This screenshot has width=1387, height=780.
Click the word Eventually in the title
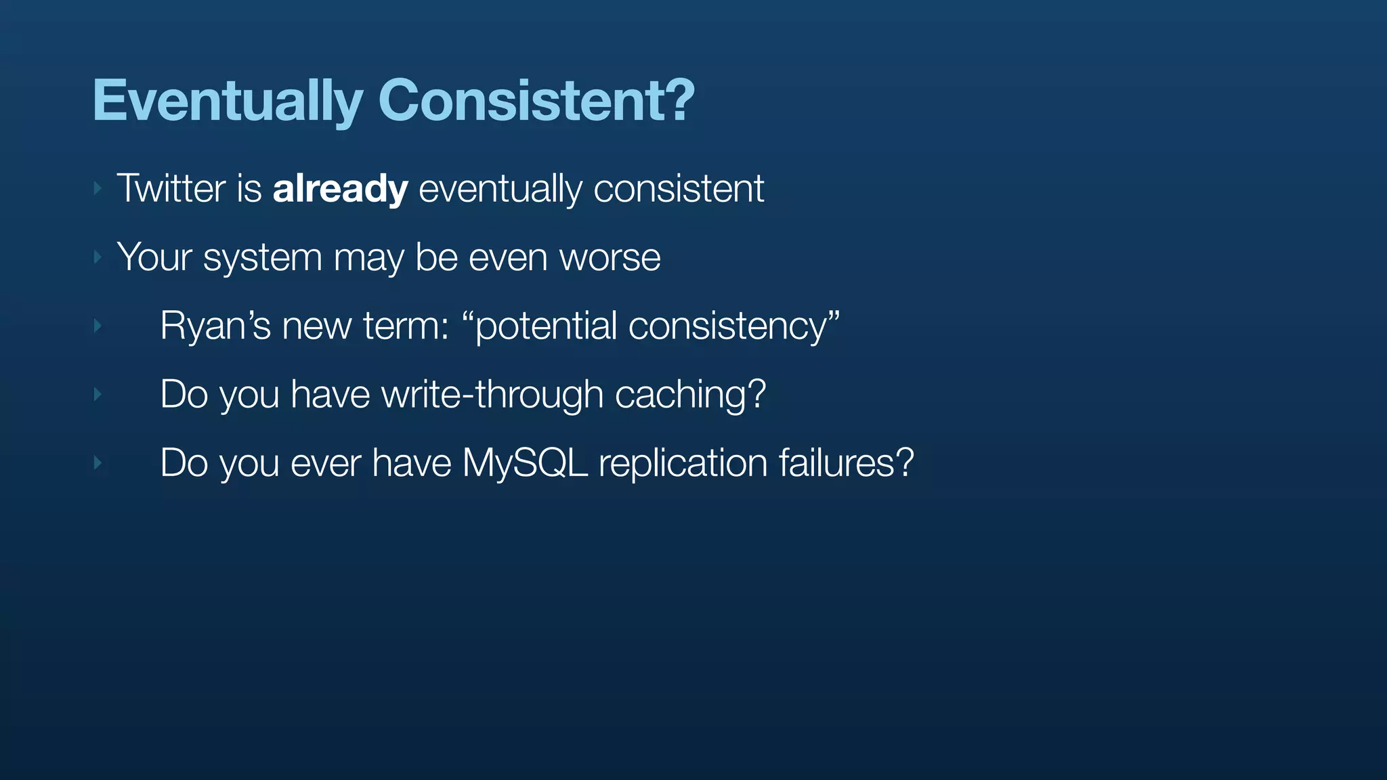pos(228,102)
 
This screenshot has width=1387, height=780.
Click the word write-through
pos(492,394)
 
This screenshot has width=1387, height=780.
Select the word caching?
pos(690,394)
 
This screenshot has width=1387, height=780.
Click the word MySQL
pos(524,463)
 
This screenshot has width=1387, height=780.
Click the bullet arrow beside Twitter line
pos(98,188)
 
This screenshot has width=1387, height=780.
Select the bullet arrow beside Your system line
pos(98,257)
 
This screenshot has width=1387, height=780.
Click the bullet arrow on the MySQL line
pos(98,463)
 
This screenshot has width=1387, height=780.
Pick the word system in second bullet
pos(262,259)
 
